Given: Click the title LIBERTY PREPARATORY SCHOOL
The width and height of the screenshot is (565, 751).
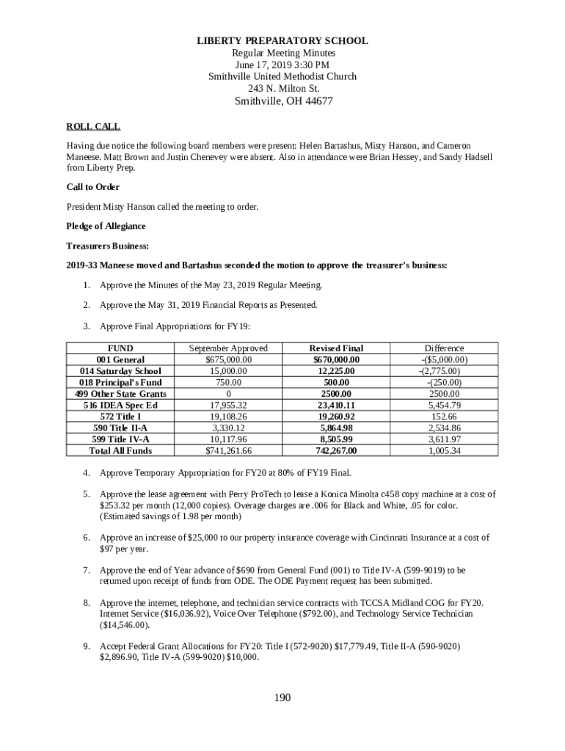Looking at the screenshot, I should click(x=282, y=41).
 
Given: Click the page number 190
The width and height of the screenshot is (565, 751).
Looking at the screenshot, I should click(x=282, y=697).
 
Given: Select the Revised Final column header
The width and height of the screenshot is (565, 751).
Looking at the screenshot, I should click(x=336, y=348).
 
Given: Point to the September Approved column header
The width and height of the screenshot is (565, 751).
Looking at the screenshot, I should click(x=228, y=348).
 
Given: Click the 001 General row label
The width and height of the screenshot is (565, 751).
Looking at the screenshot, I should click(x=120, y=360).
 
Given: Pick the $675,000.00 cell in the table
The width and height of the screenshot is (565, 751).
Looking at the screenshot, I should click(x=228, y=360).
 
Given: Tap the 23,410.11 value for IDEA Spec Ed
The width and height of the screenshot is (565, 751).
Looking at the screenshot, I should click(x=336, y=405).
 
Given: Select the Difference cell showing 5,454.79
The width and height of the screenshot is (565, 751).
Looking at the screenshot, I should click(x=444, y=405).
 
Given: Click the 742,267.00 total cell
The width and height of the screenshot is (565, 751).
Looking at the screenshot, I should click(x=336, y=450).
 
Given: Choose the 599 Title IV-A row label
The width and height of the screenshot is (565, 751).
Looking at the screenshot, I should click(x=120, y=439).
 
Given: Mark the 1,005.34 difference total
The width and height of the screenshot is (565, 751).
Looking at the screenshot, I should click(x=444, y=450).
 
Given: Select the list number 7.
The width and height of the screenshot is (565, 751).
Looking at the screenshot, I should click(x=86, y=570).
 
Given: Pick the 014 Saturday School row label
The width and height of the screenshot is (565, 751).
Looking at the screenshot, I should click(x=120, y=371).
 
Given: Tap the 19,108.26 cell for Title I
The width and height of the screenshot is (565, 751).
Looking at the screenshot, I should click(x=228, y=417).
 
